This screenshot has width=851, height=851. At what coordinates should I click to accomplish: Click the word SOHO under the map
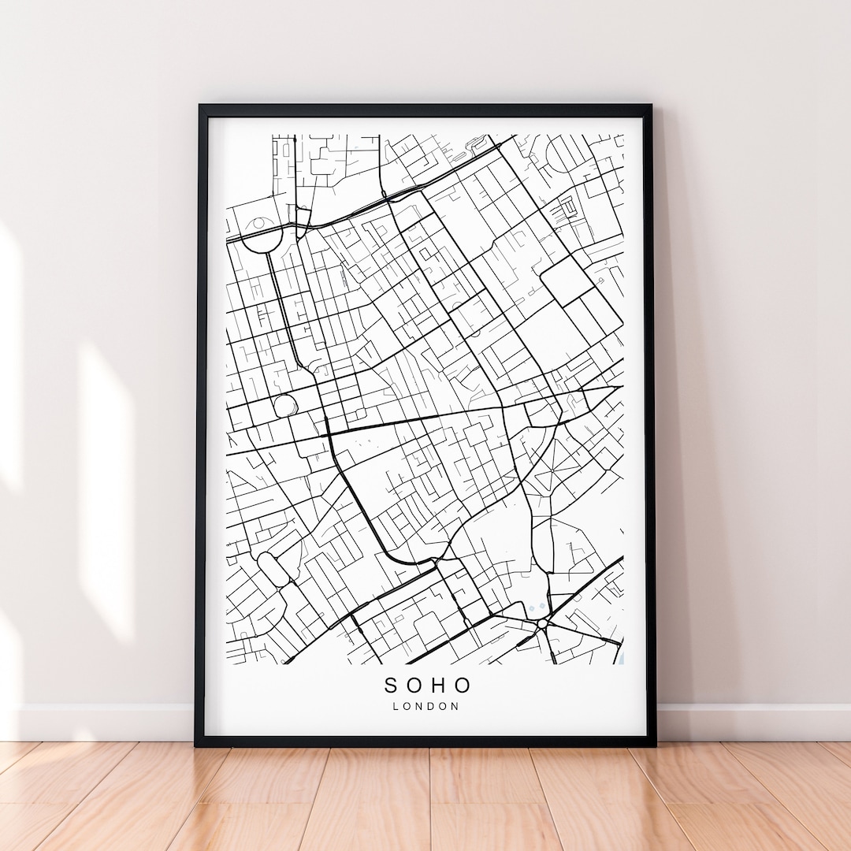click(428, 686)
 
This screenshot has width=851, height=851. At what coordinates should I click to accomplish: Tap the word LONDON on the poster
click(425, 706)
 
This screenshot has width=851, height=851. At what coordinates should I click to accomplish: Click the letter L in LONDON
click(396, 706)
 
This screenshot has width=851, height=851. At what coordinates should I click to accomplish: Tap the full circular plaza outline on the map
click(284, 406)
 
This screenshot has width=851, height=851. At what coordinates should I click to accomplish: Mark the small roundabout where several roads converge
click(543, 624)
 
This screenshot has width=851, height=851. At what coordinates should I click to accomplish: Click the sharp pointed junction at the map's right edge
click(618, 387)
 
